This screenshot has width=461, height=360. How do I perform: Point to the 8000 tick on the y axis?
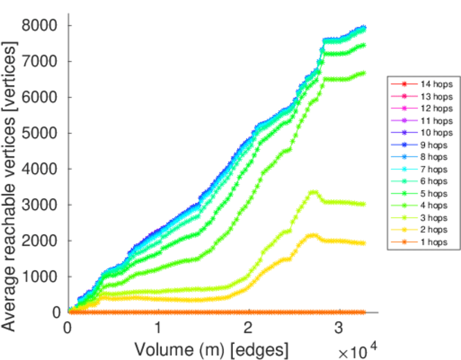pyautogui.click(x=40, y=26)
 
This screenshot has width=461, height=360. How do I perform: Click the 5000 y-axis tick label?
pyautogui.click(x=40, y=133)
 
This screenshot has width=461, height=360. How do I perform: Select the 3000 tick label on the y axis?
pyautogui.click(x=40, y=205)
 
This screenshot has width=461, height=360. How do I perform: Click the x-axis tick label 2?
pyautogui.click(x=249, y=328)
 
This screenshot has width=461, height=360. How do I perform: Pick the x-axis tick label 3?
pyautogui.click(x=339, y=328)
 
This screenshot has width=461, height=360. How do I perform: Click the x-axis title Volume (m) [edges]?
pyautogui.click(x=211, y=349)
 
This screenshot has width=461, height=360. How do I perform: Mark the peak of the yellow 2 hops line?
pyautogui.click(x=312, y=235)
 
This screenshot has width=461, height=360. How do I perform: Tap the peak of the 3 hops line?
pyautogui.click(x=312, y=192)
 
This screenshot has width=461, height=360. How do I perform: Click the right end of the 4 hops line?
pyautogui.click(x=364, y=73)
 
